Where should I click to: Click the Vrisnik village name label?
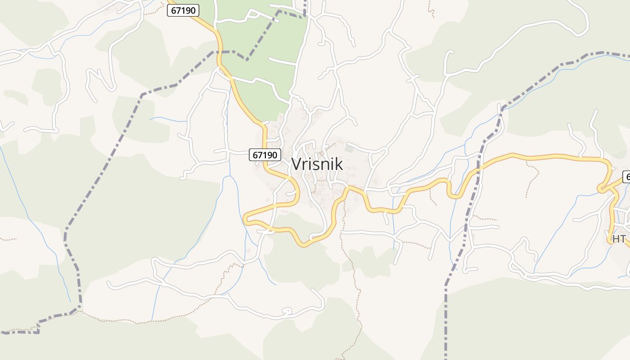(317, 164)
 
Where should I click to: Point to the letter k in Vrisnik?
(338, 164)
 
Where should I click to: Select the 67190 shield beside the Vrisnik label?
(265, 155)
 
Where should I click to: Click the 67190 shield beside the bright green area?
(183, 11)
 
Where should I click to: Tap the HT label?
(619, 239)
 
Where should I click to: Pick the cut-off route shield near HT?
(626, 177)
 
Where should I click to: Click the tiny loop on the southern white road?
(286, 311)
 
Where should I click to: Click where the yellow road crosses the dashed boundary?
(480, 168)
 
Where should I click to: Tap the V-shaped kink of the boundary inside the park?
(247, 59)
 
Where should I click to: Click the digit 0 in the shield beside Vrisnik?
(274, 155)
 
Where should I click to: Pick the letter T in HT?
(622, 239)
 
